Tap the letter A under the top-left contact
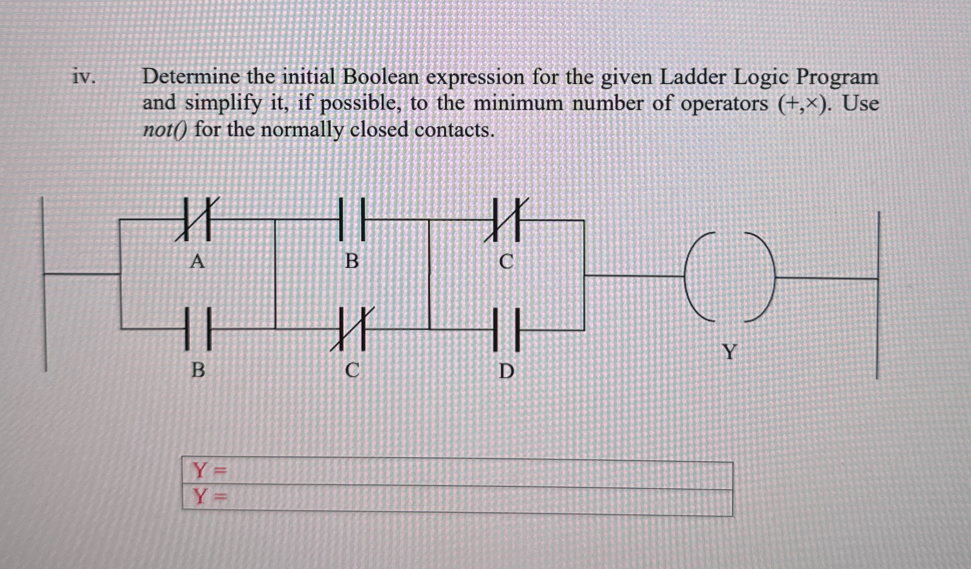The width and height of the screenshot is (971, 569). coord(197,262)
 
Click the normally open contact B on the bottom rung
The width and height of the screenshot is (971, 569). coord(198,329)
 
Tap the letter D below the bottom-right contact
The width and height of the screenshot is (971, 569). coord(507,372)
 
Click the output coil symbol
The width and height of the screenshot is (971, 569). coord(729,276)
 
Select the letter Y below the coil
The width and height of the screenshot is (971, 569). coord(730,351)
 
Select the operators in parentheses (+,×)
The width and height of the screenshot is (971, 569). coord(806,104)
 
